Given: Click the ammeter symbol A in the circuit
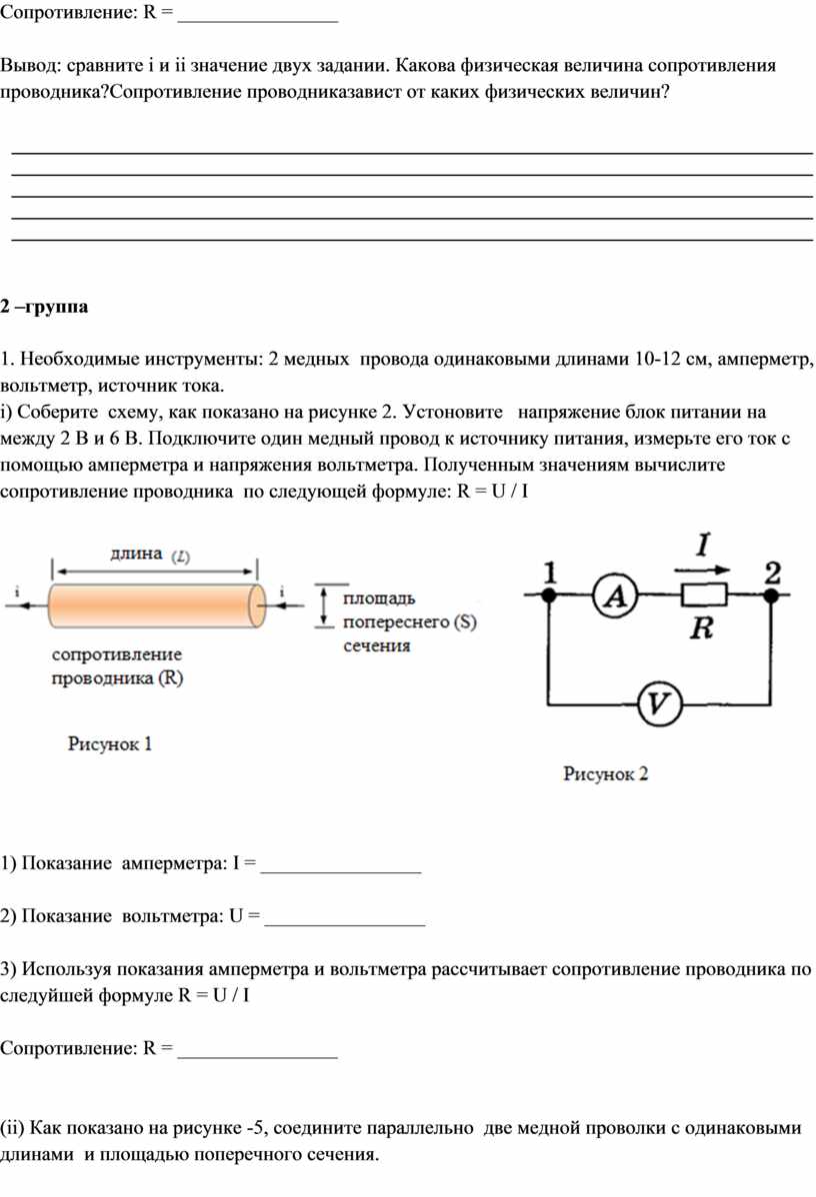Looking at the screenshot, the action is [616, 596].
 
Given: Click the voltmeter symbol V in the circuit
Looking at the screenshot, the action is [659, 703].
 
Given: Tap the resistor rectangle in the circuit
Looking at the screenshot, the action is [704, 594].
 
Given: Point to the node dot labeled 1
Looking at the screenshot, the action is [549, 595].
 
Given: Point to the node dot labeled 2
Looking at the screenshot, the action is [771, 595].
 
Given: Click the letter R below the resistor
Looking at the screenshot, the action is [701, 628].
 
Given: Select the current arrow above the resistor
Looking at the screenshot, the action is [701, 570].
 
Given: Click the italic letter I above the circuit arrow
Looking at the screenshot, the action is [703, 545].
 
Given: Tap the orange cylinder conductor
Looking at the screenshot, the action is [157, 605].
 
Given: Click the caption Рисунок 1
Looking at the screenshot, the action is [109, 743].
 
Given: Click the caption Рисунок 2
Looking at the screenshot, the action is [605, 773].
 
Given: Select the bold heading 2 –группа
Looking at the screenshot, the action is [44, 306].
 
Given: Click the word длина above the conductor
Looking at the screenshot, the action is [136, 554].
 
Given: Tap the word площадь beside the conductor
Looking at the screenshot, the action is [379, 598].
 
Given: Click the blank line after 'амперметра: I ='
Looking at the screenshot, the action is [341, 871].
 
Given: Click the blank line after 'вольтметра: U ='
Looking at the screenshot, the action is [345, 923].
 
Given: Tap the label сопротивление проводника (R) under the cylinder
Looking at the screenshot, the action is [118, 665].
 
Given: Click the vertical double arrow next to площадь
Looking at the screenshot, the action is [325, 606].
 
